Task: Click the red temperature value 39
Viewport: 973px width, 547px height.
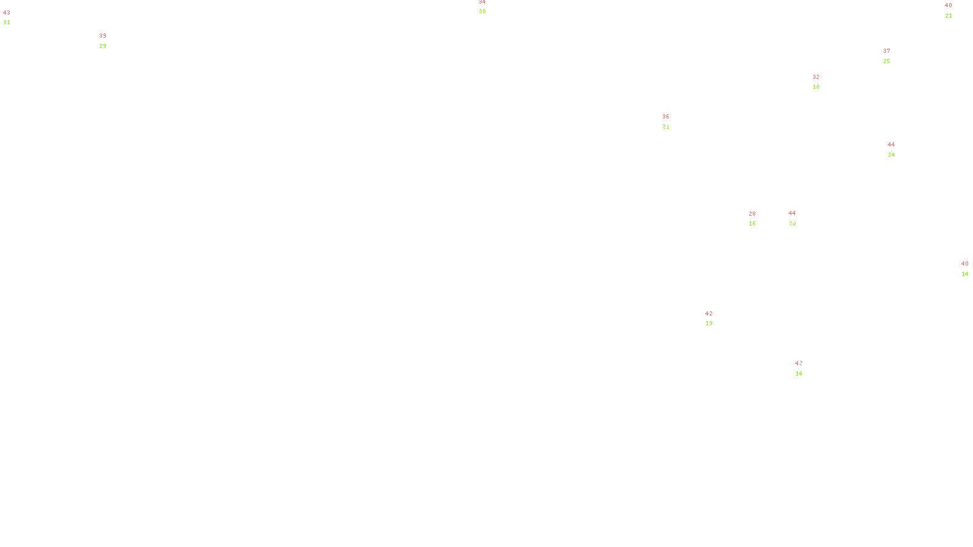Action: (103, 36)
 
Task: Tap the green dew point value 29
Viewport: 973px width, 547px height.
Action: (103, 46)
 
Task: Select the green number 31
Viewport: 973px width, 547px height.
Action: (7, 22)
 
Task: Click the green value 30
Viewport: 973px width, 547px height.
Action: (482, 12)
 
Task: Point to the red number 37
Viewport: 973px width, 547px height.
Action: (887, 51)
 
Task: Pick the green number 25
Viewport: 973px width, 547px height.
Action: (887, 61)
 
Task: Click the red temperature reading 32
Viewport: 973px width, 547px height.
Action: (816, 77)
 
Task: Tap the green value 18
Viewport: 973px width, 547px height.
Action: (816, 87)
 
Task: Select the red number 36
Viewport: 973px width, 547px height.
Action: (666, 117)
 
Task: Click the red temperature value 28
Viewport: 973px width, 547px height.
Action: (752, 214)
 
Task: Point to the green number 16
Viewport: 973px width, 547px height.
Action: (752, 224)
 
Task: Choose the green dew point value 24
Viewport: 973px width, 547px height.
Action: (892, 155)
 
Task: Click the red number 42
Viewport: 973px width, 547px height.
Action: (709, 314)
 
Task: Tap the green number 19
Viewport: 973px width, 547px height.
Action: (709, 323)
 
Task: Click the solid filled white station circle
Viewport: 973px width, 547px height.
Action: (805, 368)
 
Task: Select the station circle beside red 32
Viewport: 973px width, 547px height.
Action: (822, 82)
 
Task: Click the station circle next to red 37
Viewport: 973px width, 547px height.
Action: (893, 56)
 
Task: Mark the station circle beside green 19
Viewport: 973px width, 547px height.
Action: (716, 318)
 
